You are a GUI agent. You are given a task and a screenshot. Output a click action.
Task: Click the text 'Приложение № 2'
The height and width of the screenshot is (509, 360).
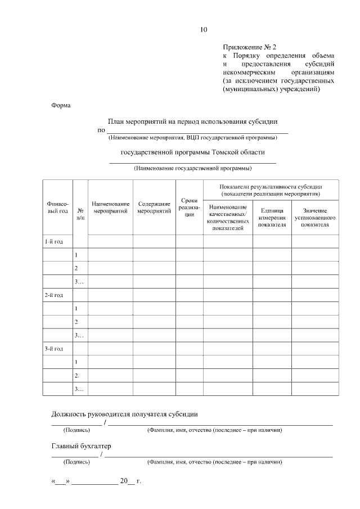point(250,48)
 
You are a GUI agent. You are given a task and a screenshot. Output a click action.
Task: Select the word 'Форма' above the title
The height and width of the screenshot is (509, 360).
point(61,105)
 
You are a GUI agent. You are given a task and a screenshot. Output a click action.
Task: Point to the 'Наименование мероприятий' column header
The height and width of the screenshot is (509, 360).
point(110,208)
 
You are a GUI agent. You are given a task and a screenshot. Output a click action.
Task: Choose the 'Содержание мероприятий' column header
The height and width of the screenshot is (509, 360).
point(154,208)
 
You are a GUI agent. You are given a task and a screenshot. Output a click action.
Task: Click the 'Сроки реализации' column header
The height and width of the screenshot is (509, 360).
point(189,208)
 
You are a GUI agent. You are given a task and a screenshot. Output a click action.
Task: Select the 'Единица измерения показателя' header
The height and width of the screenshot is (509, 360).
point(272,218)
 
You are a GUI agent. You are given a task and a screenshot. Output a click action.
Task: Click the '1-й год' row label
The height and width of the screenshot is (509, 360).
point(54,242)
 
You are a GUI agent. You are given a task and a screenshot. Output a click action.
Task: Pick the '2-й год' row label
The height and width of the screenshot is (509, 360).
point(54,295)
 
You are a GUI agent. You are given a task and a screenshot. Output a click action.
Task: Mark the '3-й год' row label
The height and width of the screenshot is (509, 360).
point(54,349)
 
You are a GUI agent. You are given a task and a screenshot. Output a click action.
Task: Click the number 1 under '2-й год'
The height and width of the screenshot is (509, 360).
point(76,309)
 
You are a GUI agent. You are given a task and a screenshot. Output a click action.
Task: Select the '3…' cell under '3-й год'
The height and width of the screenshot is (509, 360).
point(79,389)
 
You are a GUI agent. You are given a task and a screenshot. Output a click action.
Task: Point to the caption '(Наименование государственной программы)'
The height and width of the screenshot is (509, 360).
point(192,168)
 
